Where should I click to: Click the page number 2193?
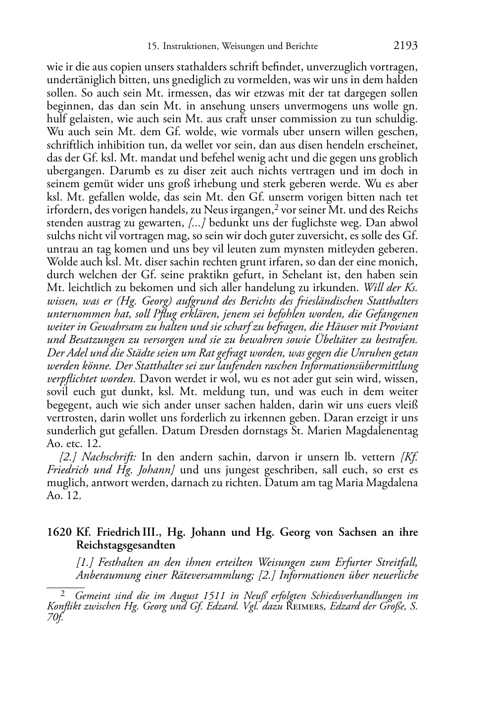[405, 46]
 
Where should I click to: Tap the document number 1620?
[58, 532]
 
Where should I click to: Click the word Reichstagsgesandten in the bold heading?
[126, 545]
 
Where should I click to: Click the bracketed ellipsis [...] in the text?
[198, 223]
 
